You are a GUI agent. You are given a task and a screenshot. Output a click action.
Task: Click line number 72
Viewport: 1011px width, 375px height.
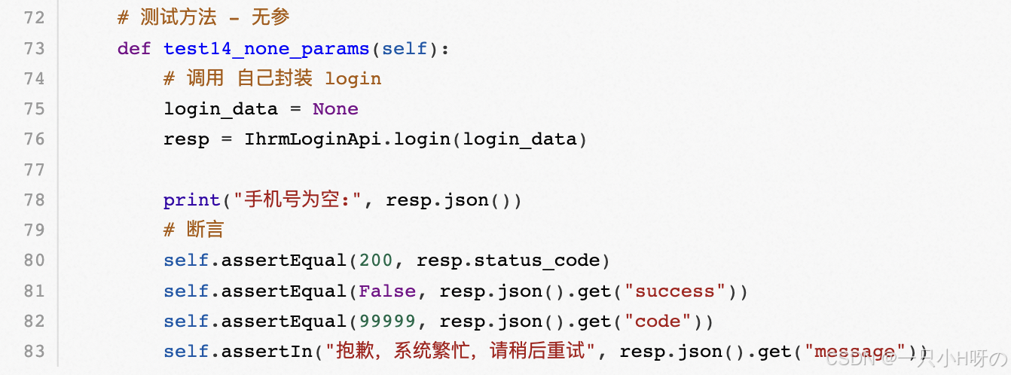coord(35,17)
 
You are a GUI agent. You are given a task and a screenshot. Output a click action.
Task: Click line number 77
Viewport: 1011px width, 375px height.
coord(35,169)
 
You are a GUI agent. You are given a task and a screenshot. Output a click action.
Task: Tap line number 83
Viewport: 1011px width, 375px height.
coord(35,352)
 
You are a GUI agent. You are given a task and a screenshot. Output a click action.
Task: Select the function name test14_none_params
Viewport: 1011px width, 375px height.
coord(266,48)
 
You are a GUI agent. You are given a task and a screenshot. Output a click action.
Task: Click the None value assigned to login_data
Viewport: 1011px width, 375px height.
coord(335,108)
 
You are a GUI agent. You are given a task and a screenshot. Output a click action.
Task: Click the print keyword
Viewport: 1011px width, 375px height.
coord(192,200)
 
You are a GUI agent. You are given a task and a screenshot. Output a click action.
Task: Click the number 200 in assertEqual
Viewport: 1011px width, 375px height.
coord(375,261)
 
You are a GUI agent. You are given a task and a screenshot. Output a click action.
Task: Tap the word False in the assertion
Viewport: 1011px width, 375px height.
coord(386,291)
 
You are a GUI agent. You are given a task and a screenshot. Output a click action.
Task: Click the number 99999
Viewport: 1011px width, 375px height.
coord(386,322)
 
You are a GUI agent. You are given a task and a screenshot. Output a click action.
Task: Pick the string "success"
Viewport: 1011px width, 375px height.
coord(680,291)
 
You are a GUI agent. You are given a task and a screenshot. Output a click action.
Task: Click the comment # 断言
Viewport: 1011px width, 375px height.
coord(194,230)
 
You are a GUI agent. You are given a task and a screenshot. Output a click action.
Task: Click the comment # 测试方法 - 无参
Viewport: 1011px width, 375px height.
coord(203,17)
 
